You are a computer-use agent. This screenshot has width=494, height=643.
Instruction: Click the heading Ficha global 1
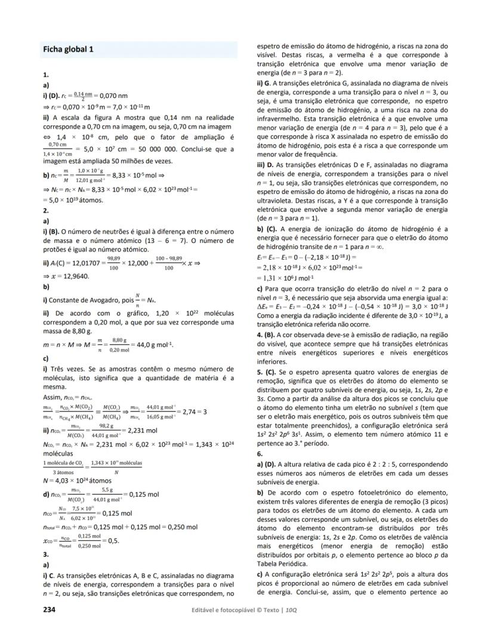tap(68, 49)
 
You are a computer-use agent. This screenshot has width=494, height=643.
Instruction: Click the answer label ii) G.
tap(264, 82)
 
